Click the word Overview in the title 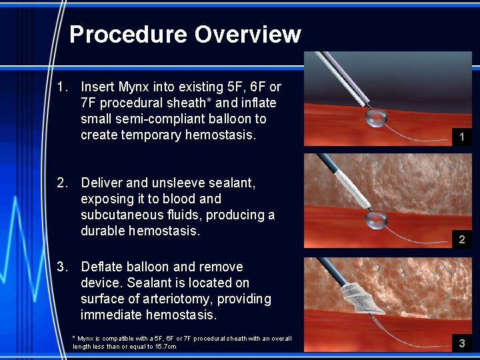247,35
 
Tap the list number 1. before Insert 63,87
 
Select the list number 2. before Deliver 63,183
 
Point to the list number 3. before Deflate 63,267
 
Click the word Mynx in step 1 133,87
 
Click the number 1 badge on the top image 461,137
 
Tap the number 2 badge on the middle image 461,239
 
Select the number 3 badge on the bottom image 461,344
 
